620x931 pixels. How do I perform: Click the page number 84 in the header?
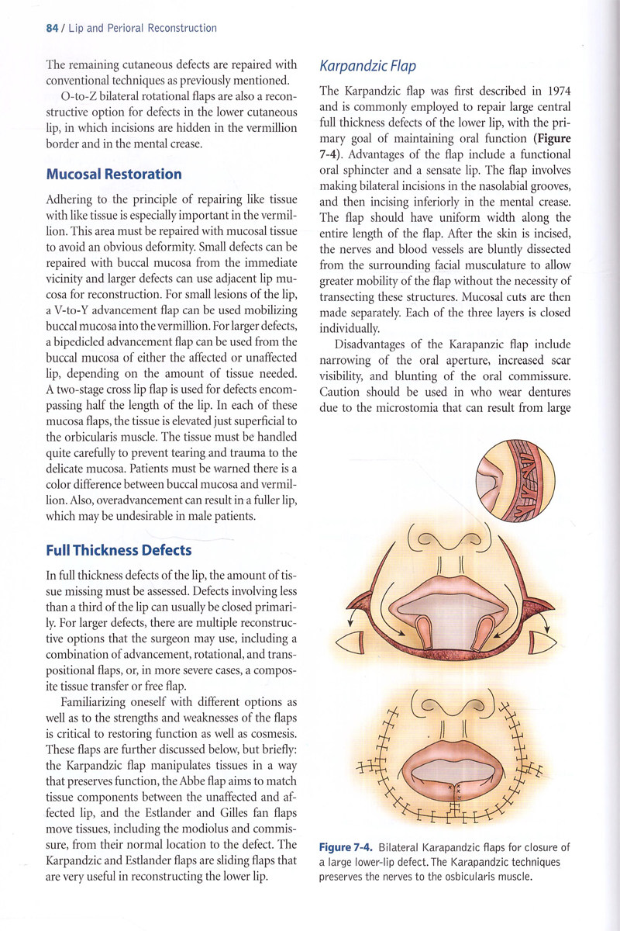click(52, 28)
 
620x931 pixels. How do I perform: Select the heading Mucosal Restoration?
click(114, 174)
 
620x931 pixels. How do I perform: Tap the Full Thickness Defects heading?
click(119, 551)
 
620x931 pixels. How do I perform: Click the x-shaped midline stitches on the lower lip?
click(456, 791)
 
